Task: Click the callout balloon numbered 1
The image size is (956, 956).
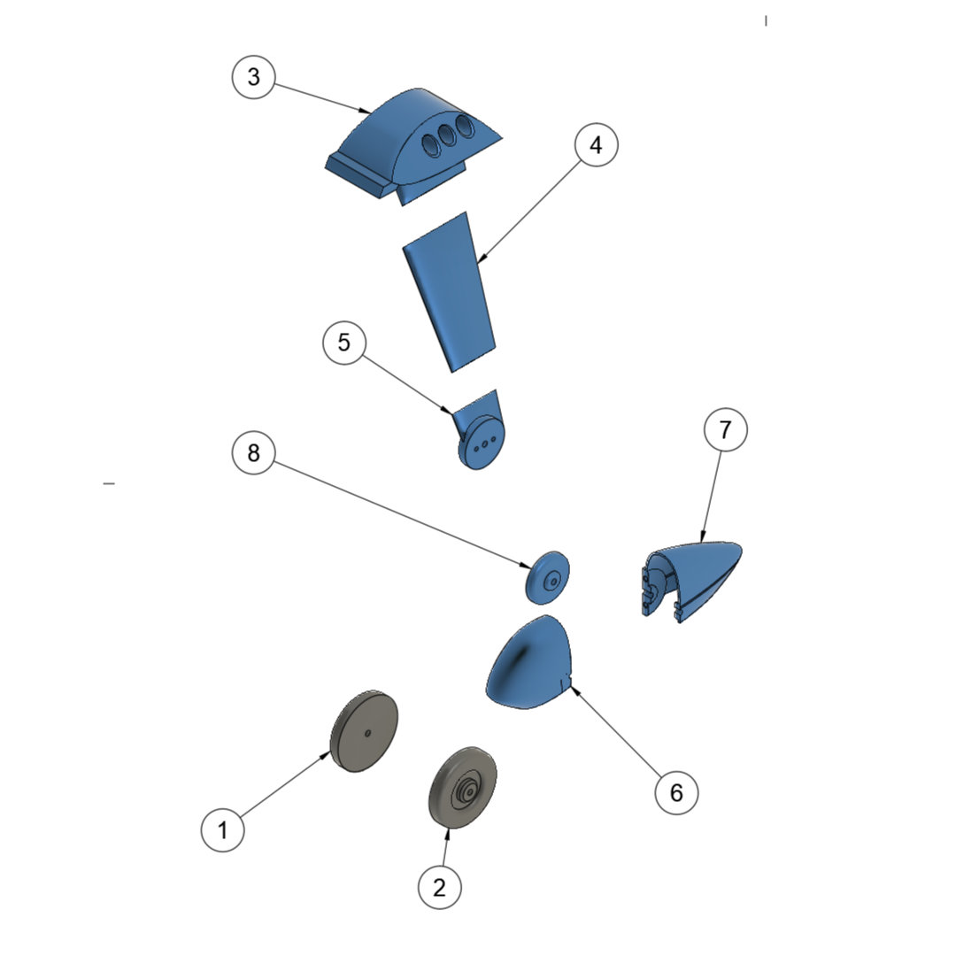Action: click(x=222, y=830)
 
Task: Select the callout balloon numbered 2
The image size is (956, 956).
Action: click(x=440, y=886)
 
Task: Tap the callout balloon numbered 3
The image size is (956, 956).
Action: click(x=254, y=77)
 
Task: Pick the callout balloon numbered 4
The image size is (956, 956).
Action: click(x=596, y=145)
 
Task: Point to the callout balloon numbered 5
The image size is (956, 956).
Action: click(x=344, y=343)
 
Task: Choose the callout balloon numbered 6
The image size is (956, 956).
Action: click(x=676, y=793)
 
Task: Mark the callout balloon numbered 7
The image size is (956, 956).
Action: click(x=726, y=430)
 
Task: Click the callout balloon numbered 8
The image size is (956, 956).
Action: click(x=254, y=453)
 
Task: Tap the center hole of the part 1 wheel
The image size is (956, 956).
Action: click(x=367, y=733)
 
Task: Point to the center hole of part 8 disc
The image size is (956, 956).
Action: click(x=552, y=582)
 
